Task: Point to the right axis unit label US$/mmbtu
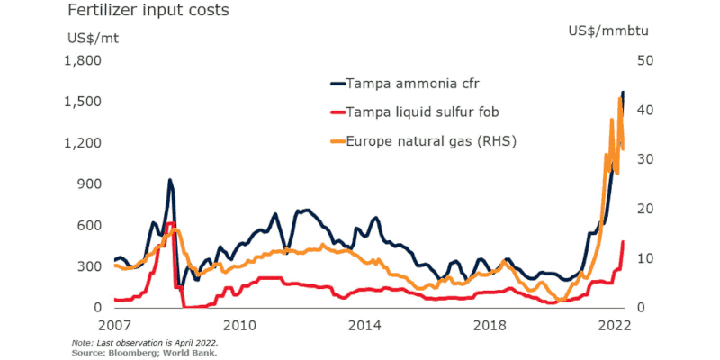[608, 31]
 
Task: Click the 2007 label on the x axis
[115, 325]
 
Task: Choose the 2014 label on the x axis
[366, 325]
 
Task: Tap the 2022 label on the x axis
[617, 325]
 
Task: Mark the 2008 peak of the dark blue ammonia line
[169, 180]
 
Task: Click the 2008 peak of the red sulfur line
[170, 223]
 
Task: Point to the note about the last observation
[144, 343]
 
